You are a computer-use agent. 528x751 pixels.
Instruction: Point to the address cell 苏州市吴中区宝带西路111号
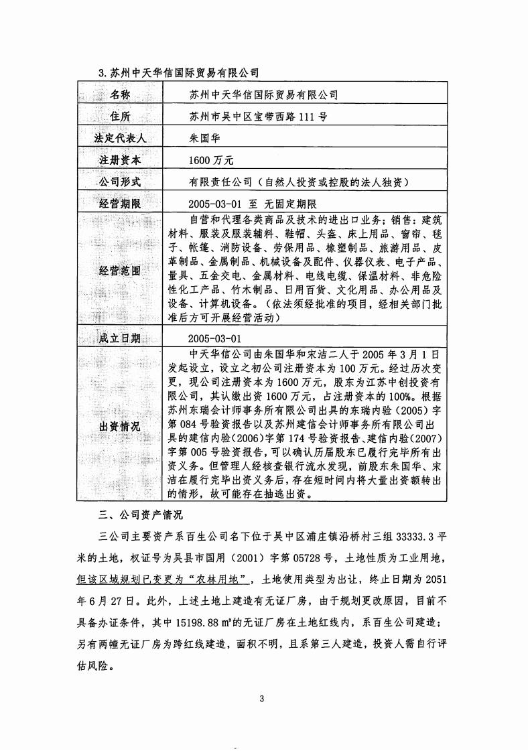[259, 117]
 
